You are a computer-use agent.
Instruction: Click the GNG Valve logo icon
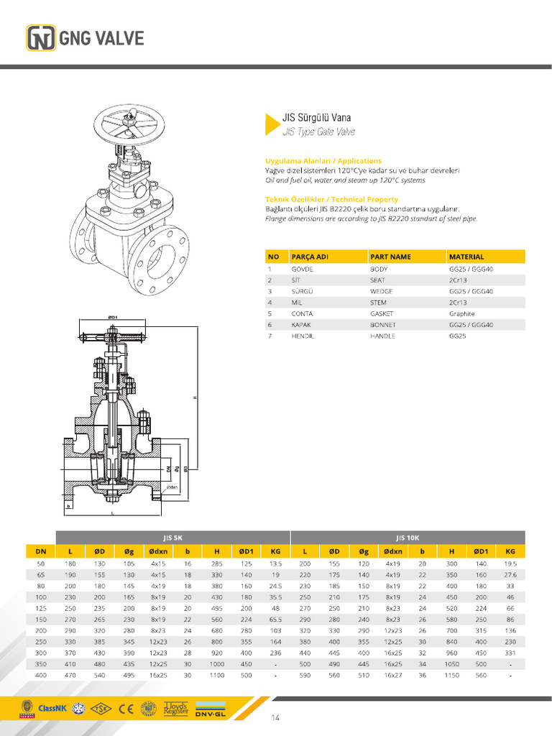pyautogui.click(x=41, y=38)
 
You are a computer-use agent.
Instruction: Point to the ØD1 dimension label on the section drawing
pyautogui.click(x=113, y=317)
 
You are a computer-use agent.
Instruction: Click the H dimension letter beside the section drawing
pyautogui.click(x=193, y=398)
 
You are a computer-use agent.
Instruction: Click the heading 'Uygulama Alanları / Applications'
pyautogui.click(x=323, y=161)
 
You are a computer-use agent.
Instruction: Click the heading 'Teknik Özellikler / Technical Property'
pyautogui.click(x=331, y=199)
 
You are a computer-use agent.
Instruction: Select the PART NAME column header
pyautogui.click(x=390, y=257)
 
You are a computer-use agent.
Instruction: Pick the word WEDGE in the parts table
pyautogui.click(x=380, y=291)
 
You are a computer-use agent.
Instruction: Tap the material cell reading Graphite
pyautogui.click(x=461, y=313)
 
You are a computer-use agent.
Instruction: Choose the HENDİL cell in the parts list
pyautogui.click(x=302, y=336)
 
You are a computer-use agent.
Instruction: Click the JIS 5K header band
pyautogui.click(x=172, y=537)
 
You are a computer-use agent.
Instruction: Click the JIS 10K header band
pyautogui.click(x=408, y=537)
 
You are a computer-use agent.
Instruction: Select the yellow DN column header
pyautogui.click(x=40, y=551)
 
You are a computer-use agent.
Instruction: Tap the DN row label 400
pyautogui.click(x=40, y=676)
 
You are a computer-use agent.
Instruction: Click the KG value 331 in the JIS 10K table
pyautogui.click(x=510, y=653)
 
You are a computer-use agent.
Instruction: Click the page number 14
pyautogui.click(x=275, y=717)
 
